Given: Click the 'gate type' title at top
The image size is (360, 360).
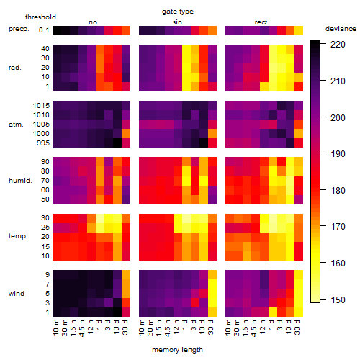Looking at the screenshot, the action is [178, 12].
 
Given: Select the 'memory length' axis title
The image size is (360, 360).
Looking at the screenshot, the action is [177, 350].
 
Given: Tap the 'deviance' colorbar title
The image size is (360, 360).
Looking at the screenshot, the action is [341, 29].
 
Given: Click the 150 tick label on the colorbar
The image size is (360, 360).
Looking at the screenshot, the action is [338, 300].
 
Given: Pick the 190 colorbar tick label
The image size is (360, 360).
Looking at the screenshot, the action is [338, 154].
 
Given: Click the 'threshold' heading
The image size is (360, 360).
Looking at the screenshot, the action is [40, 17].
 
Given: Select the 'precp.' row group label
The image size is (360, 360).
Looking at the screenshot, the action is [19, 29].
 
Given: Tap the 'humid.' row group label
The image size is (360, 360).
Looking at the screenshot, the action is [20, 181].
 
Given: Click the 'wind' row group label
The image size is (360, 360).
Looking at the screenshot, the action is [17, 294].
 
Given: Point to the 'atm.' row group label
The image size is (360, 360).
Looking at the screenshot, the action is [16, 125].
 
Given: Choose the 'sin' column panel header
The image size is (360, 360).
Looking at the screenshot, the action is [177, 22].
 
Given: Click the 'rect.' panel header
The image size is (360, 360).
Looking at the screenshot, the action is [262, 22].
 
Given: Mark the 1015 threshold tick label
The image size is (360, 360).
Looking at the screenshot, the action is [41, 106].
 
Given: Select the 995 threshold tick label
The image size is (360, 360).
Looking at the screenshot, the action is [43, 143].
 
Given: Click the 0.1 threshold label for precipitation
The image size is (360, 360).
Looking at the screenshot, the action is [44, 30].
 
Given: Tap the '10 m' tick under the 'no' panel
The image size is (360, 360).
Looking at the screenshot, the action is [56, 328].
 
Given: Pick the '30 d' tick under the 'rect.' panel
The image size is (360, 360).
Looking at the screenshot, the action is [297, 328].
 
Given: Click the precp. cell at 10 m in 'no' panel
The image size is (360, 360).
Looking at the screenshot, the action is [57, 31].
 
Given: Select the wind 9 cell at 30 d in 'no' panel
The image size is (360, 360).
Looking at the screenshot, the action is [126, 275].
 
